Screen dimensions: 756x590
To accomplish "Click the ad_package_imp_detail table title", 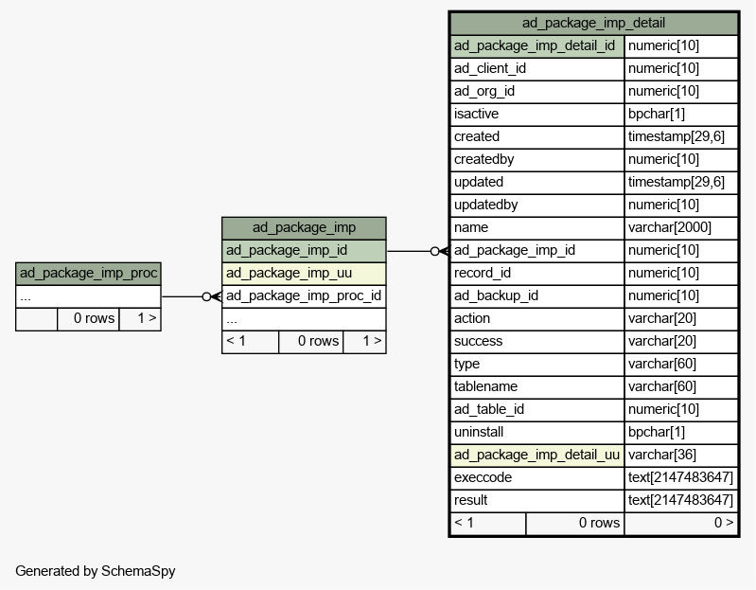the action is pos(593,23).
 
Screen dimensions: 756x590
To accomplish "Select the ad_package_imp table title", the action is pos(304,227).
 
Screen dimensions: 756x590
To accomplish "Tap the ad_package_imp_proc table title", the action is pos(88,273).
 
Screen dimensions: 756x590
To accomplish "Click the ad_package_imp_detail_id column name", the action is pos(535,45).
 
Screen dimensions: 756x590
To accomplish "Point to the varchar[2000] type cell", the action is pos(670,227).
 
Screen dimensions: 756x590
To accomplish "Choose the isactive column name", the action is pos(476,114).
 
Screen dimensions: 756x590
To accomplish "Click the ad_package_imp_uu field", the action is pos(289,273).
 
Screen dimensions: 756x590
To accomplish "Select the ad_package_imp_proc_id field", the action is pos(304,295).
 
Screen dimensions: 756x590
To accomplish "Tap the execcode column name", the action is pos(483,477).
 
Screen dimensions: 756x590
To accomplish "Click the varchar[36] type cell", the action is pos(662,455).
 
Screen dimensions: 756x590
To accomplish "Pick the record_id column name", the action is pos(483,273).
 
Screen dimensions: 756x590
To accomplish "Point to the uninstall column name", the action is pos(478,432).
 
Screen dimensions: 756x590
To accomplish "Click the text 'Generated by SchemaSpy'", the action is pos(96,571).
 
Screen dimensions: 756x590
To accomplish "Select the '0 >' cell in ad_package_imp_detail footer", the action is pos(724,523).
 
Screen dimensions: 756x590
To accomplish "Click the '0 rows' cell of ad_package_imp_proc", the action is pos(94,318).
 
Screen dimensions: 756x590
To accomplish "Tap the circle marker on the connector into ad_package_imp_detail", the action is pos(435,251).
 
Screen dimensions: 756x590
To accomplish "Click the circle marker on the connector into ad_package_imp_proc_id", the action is pos(206,296).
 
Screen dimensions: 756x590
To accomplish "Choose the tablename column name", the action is pos(485,387).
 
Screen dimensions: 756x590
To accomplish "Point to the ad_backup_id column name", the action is pos(496,295).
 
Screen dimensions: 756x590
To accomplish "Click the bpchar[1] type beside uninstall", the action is pos(657,432).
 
